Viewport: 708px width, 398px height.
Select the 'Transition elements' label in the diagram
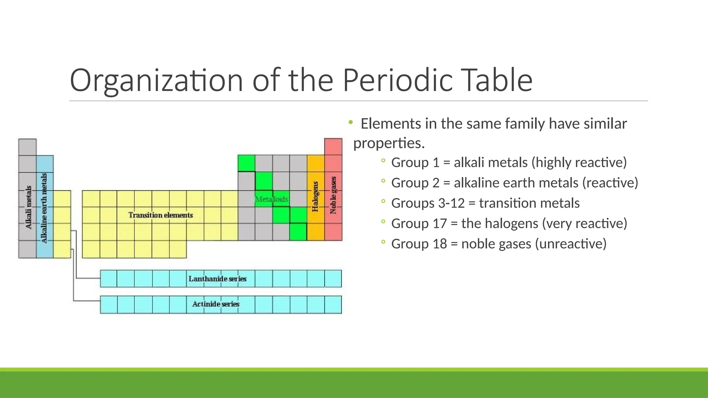160,215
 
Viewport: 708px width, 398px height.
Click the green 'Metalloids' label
271,199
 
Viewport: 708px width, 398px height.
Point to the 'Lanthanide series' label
217,279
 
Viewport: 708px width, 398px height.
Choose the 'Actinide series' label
216,304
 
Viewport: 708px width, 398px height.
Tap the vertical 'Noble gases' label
333,195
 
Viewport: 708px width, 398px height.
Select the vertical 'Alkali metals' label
28,207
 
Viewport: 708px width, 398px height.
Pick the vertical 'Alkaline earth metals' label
44,208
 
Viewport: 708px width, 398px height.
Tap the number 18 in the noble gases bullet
440,244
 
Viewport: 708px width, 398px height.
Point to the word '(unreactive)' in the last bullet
571,244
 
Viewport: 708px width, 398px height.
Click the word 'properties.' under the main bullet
389,143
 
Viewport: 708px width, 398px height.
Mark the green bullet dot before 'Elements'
351,122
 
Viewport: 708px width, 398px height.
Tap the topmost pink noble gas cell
333,146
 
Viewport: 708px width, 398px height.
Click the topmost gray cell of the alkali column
27,147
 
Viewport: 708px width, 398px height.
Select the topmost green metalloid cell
246,163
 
